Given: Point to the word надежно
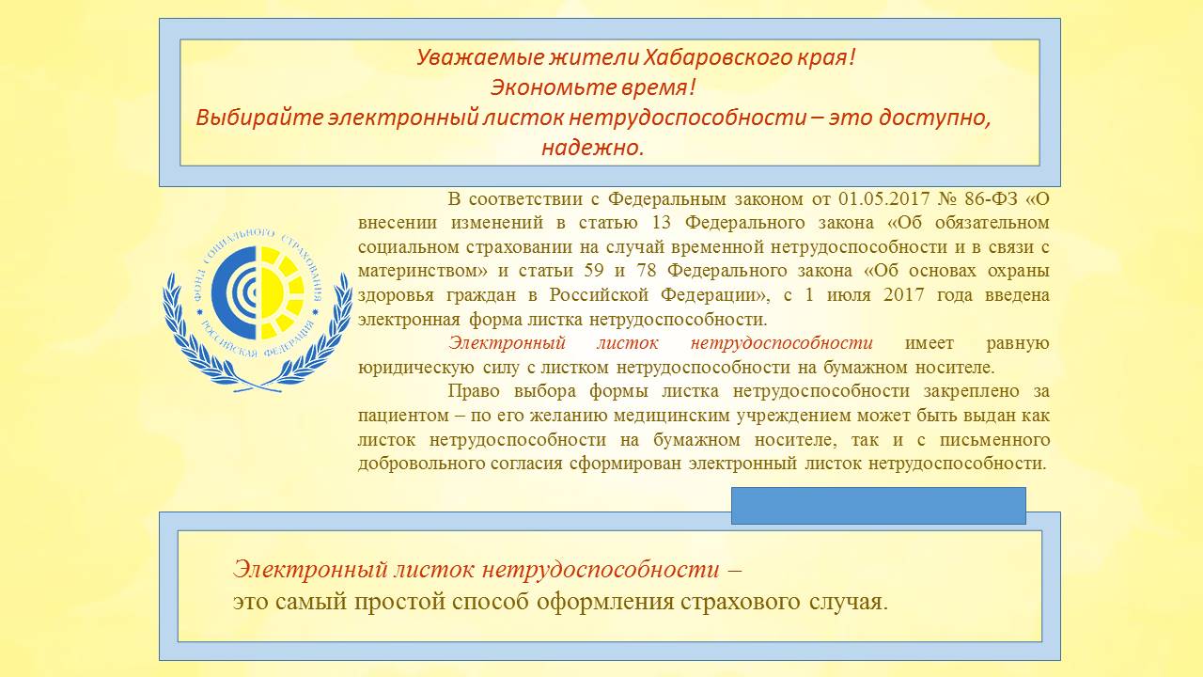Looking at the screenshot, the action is (592, 148).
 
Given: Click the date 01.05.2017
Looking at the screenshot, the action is (884, 198).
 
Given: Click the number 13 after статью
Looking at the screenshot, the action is (662, 223).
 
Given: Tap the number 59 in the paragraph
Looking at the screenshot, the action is (593, 270).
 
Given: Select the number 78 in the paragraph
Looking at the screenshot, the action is (647, 270).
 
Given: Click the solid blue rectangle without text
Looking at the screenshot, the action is (879, 506).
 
